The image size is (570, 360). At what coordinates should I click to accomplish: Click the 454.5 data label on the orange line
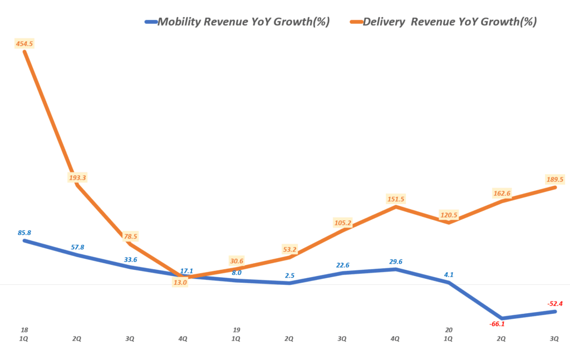click(x=24, y=44)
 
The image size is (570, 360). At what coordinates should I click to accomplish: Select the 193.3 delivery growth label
click(x=78, y=177)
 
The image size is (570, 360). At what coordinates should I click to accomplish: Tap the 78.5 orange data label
click(x=131, y=236)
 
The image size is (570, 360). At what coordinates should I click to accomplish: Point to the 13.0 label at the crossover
click(x=180, y=282)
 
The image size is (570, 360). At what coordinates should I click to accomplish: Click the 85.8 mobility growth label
click(x=24, y=233)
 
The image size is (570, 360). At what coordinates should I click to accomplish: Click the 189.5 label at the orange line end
click(x=556, y=179)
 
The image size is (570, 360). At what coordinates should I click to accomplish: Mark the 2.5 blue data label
click(x=289, y=275)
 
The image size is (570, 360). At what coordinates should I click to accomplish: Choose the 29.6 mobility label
click(x=396, y=261)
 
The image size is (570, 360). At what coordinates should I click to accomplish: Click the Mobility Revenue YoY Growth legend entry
click(x=237, y=22)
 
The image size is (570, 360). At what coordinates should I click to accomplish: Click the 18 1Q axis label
click(x=24, y=334)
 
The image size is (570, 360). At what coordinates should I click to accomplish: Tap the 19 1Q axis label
click(x=236, y=334)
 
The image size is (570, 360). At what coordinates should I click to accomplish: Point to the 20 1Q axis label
click(x=449, y=334)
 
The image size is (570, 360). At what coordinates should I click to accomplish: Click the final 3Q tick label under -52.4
click(x=555, y=338)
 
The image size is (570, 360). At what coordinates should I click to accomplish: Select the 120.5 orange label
click(x=449, y=215)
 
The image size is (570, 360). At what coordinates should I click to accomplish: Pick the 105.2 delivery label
click(x=342, y=223)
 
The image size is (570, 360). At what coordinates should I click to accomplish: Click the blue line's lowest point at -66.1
click(x=502, y=318)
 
